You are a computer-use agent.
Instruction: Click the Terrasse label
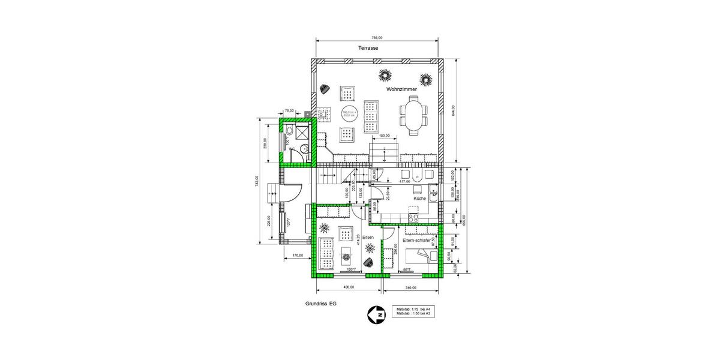[368, 47]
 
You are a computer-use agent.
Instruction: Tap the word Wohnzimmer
[401, 89]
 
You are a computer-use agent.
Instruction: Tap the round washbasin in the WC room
[304, 149]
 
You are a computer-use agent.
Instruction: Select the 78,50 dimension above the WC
[289, 111]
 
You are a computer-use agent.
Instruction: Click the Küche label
[419, 198]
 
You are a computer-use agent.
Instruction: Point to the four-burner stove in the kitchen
[413, 212]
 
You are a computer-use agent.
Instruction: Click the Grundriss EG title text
[321, 304]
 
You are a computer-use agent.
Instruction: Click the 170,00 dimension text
[296, 256]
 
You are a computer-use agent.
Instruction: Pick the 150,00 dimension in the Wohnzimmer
[384, 136]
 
